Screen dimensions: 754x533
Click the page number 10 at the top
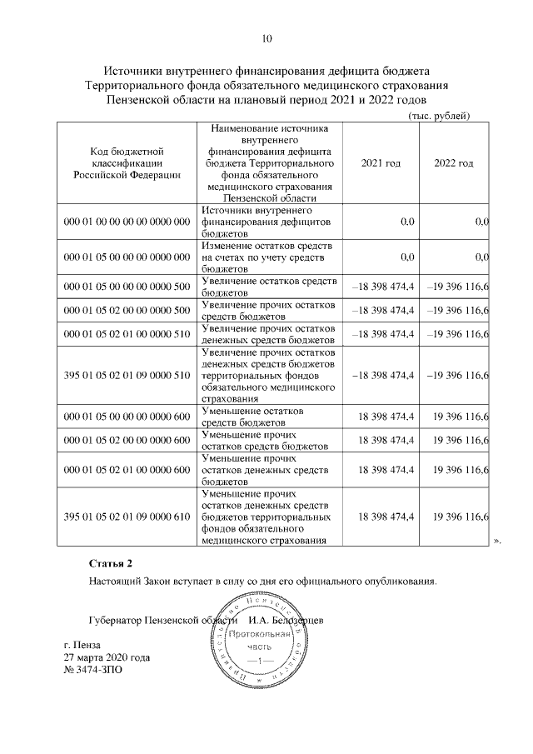click(266, 38)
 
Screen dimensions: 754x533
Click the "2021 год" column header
click(381, 163)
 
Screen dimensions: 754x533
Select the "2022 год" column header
click(454, 163)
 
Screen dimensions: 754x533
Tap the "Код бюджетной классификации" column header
click(126, 163)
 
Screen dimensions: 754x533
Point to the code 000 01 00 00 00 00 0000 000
click(127, 223)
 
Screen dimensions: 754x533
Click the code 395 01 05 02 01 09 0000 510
click(127, 376)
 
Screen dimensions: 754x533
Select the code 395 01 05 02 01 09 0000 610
click(127, 517)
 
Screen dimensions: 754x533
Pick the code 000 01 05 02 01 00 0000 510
click(127, 334)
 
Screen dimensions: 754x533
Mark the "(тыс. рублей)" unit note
click(439, 115)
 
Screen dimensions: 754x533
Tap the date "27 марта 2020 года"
click(107, 657)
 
